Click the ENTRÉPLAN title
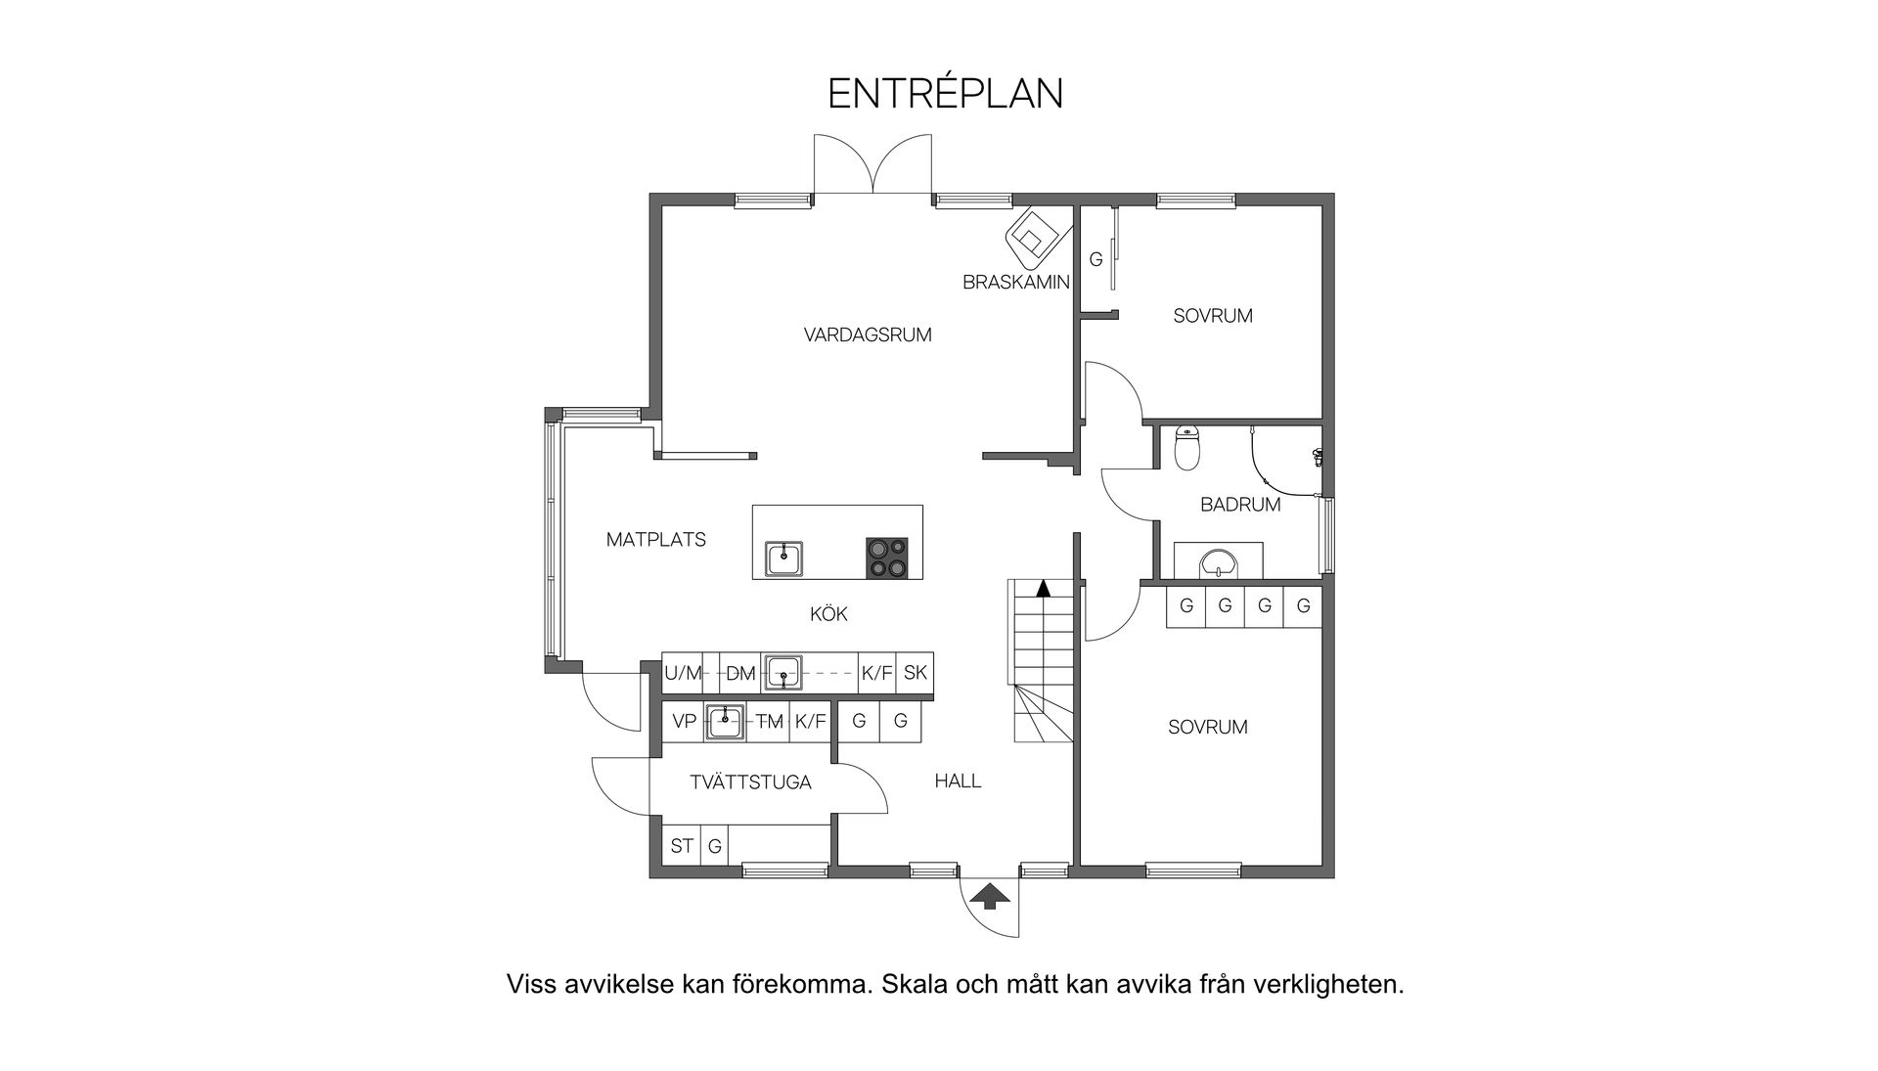point(945,94)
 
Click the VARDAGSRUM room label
point(868,335)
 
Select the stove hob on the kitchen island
point(886,558)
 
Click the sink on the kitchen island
point(783,558)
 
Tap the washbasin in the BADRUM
point(1218,563)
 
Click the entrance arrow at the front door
point(990,895)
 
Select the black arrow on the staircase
point(1044,588)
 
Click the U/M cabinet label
point(683,673)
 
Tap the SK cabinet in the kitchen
point(915,673)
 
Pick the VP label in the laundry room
point(684,722)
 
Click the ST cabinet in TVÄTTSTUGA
point(681,845)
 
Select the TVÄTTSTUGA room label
point(750,782)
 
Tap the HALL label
point(958,781)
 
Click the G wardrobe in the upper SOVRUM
point(1095,260)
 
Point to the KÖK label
point(828,614)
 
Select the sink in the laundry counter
point(725,722)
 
